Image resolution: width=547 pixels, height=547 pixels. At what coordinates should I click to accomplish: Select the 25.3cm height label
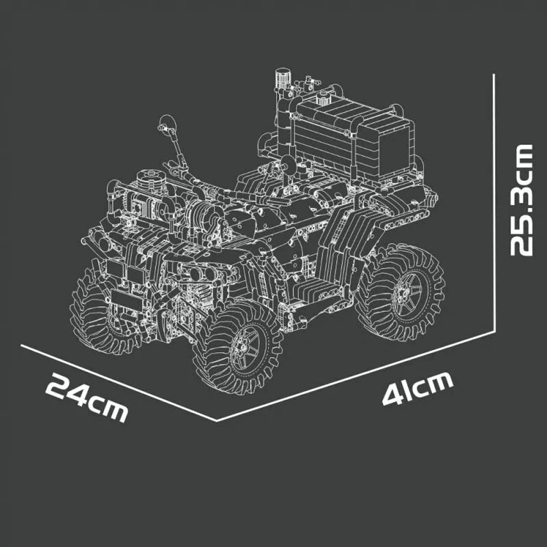click(522, 199)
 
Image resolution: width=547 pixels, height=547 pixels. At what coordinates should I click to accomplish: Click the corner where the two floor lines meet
click(217, 420)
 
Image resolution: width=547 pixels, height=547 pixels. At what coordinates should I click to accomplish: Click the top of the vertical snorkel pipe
click(280, 72)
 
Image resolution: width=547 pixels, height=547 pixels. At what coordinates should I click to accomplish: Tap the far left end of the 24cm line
click(23, 346)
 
